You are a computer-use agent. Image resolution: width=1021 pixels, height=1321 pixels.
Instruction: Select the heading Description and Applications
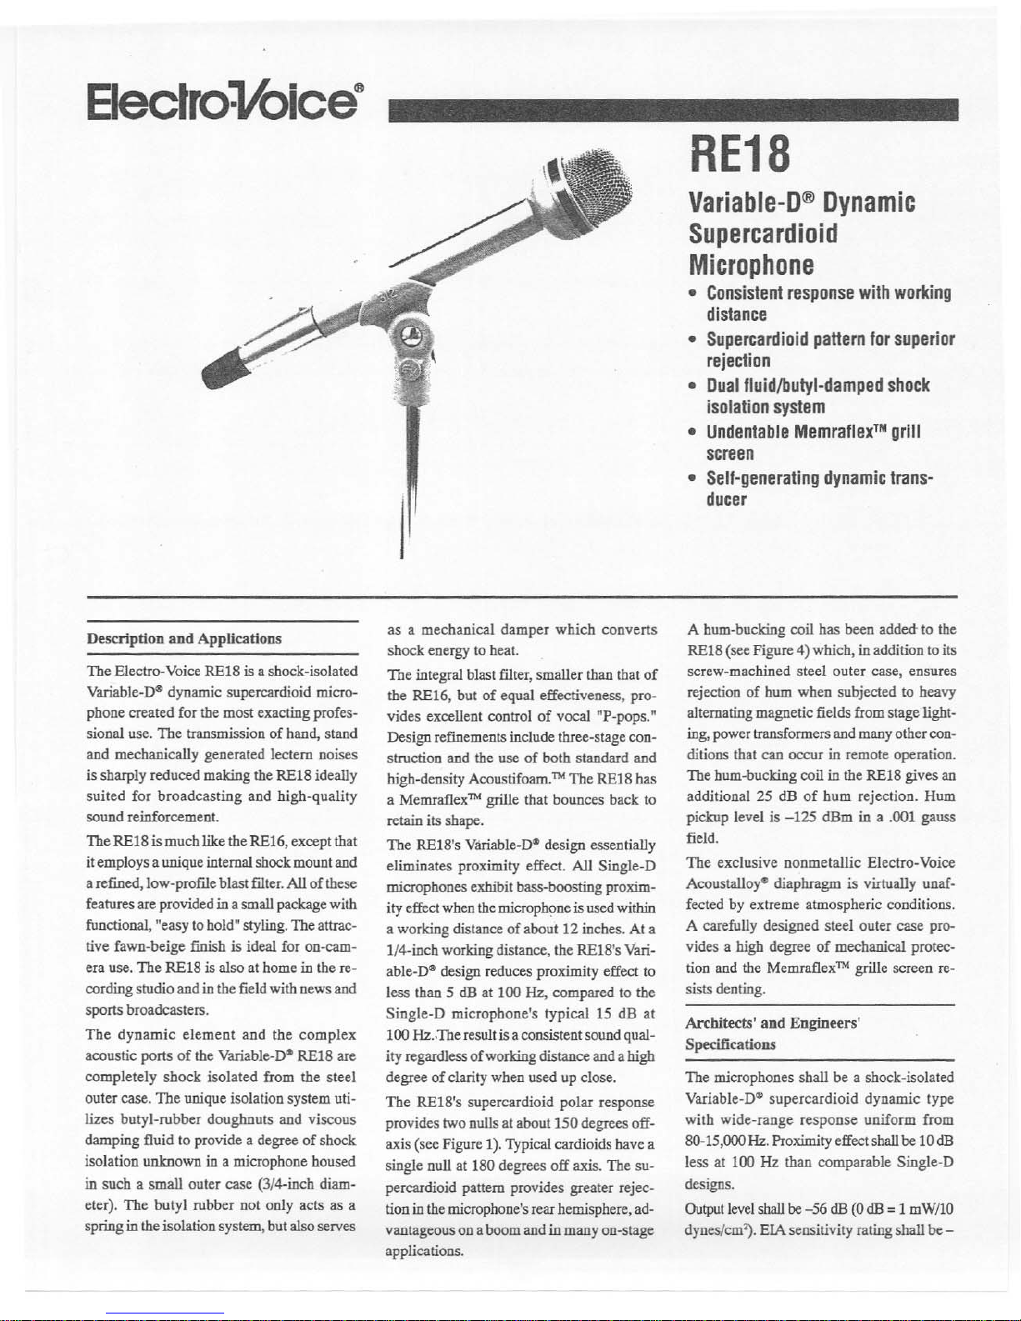click(x=184, y=638)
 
